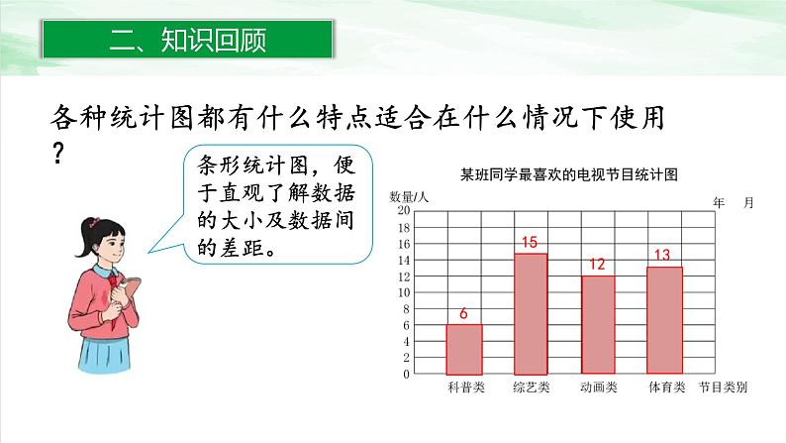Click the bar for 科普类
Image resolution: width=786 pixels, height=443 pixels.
(x=464, y=349)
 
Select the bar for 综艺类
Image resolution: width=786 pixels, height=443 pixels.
(x=531, y=313)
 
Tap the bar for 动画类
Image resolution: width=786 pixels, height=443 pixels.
(x=597, y=325)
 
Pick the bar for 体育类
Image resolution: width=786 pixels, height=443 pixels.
(x=664, y=320)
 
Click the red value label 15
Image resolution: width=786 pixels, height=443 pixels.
(x=529, y=243)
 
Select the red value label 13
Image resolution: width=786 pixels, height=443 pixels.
(x=662, y=256)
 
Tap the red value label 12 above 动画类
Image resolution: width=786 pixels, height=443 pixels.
(x=596, y=265)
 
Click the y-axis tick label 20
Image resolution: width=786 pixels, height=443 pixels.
(x=404, y=211)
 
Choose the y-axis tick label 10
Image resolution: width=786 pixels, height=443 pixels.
(x=404, y=293)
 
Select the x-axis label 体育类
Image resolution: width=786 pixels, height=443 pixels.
(x=665, y=388)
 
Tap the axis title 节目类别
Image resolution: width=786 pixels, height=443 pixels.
(x=722, y=388)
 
